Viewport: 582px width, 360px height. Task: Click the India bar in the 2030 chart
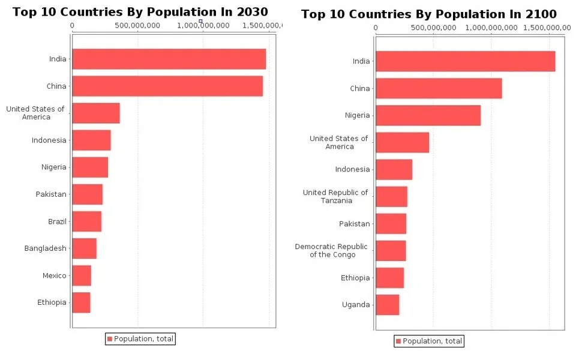169,59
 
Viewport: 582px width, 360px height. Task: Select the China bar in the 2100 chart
439,88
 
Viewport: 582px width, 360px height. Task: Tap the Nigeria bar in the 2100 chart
428,115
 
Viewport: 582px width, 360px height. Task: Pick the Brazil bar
87,221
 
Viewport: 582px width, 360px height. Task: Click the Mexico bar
82,275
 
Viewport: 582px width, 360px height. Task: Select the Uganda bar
388,305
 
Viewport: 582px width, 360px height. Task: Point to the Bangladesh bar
85,248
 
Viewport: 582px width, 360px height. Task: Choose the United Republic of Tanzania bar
391,197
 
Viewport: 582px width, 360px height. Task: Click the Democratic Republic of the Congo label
331,251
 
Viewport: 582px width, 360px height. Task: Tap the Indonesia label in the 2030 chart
49,140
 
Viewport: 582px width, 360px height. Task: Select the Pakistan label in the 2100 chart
355,224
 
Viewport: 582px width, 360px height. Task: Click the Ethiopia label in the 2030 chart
52,302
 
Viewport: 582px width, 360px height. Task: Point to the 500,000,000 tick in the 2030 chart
137,25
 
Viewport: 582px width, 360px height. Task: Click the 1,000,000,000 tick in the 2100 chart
491,28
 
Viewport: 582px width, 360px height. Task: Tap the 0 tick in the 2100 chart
376,28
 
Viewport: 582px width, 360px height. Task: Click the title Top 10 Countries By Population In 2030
140,12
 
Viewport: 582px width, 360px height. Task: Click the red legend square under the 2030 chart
110,339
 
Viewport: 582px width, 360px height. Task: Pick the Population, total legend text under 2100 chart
433,341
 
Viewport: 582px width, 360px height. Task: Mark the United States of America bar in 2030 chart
96,113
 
